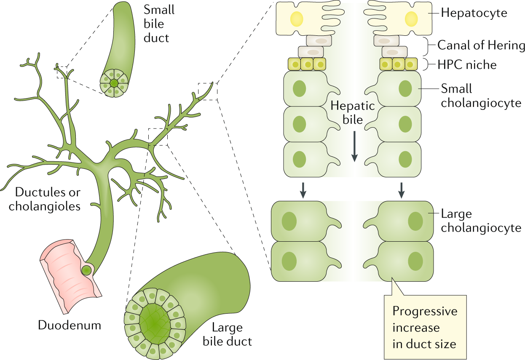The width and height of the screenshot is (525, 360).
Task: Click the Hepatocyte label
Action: pyautogui.click(x=474, y=13)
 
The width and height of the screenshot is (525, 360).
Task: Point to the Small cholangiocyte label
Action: pyautogui.click(x=481, y=95)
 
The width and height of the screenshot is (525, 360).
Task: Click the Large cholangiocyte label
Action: pyautogui.click(x=481, y=221)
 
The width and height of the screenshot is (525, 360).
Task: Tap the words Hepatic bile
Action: pyautogui.click(x=346, y=112)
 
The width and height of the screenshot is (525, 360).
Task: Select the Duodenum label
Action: pyautogui.click(x=70, y=325)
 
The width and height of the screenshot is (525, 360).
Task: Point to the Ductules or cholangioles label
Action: pyautogui.click(x=48, y=199)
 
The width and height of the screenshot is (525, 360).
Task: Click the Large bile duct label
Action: pyautogui.click(x=227, y=334)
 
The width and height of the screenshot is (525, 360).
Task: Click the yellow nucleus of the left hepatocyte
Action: pyautogui.click(x=297, y=19)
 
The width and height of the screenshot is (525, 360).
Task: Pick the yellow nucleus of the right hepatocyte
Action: pyautogui.click(x=411, y=19)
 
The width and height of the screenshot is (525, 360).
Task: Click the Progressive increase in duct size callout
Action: pyautogui.click(x=424, y=328)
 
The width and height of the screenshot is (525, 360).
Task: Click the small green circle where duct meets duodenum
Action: pyautogui.click(x=86, y=270)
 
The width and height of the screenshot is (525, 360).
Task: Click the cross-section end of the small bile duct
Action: pyautogui.click(x=114, y=82)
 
